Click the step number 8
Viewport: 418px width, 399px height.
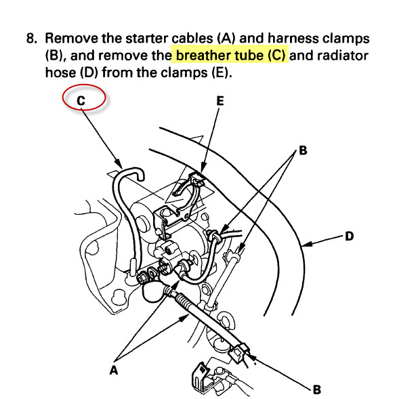pyautogui.click(x=31, y=38)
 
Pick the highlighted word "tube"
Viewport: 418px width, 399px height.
pyautogui.click(x=254, y=56)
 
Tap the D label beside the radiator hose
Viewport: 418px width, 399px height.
pyautogui.click(x=350, y=236)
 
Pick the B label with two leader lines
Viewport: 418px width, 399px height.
pyautogui.click(x=302, y=150)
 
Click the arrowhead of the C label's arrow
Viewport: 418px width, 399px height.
pyautogui.click(x=121, y=167)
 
